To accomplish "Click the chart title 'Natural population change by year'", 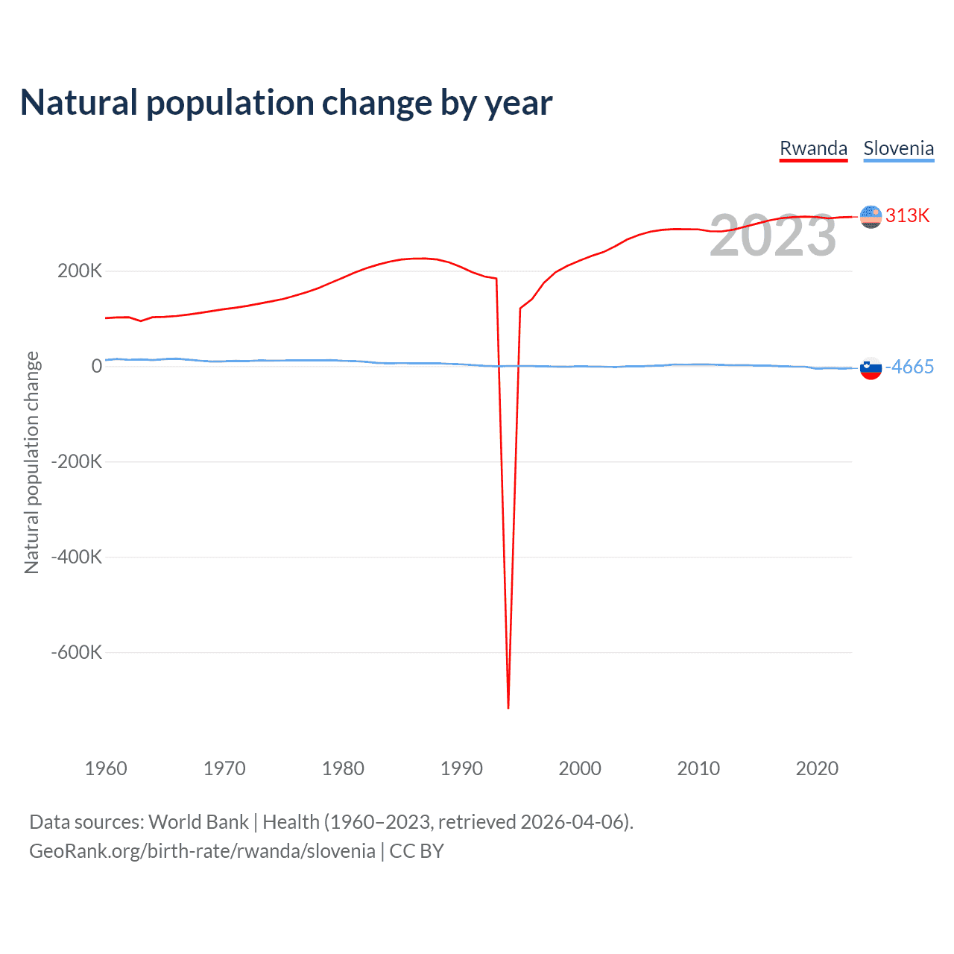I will coord(286,103).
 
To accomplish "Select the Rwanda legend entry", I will coord(813,148).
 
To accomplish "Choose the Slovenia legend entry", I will coord(898,148).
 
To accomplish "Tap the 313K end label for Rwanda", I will coord(907,215).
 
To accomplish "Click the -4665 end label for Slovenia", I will coord(909,367).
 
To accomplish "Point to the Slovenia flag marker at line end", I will coord(871,367).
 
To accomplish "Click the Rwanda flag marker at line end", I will coord(871,216).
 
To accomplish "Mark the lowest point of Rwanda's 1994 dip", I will coord(508,707).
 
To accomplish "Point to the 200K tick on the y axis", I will coord(80,271).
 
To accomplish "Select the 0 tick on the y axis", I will coord(97,366).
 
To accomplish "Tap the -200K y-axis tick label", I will coord(76,461).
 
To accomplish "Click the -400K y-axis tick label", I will coord(76,557).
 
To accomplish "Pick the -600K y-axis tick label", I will coord(76,652).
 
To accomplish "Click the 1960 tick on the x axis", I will coord(106,768).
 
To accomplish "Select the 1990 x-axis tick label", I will coord(461,768).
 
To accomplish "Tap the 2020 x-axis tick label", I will coord(817,768).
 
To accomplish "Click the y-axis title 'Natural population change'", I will coord(31,462).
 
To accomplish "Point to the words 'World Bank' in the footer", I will coord(198,822).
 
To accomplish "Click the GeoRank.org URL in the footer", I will coord(202,851).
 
